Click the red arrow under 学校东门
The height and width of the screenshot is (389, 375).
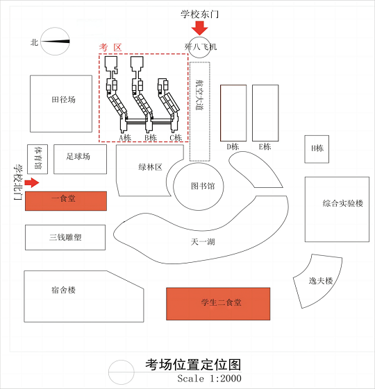199,28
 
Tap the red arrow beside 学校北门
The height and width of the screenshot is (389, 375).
32,183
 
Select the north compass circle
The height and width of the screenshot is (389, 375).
55,41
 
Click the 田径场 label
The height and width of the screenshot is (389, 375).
63,100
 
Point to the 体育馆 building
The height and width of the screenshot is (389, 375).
37,159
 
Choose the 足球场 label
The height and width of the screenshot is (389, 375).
78,156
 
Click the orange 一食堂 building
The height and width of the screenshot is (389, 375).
66,201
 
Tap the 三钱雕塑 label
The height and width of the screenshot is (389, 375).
65,237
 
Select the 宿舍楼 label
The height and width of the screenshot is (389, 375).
63,290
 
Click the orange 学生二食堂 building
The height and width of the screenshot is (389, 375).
218,304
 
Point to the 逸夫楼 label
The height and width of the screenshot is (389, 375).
321,281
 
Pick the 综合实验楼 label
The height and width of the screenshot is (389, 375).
343,203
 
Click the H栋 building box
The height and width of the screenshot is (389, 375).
317,149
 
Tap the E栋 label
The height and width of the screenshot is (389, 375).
265,146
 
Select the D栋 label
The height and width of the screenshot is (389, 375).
233,146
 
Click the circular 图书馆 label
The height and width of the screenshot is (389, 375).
203,186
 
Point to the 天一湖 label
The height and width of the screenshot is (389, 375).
203,242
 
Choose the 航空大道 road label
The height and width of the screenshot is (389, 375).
199,95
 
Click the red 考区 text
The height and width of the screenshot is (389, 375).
110,47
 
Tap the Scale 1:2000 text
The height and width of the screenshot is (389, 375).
209,379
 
